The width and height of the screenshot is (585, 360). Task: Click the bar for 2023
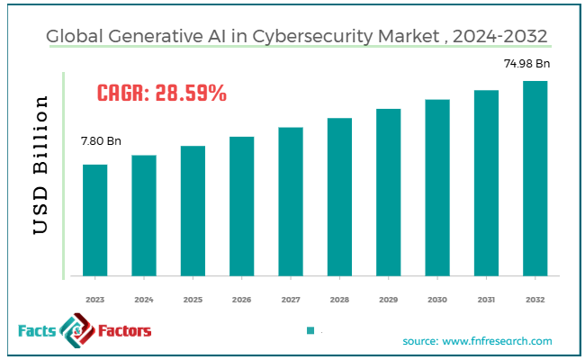click(94, 220)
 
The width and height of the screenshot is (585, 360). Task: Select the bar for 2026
click(241, 206)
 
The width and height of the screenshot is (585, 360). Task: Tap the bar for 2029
click(388, 193)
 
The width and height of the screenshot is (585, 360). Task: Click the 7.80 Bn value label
click(100, 142)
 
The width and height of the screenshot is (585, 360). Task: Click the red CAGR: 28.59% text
click(161, 92)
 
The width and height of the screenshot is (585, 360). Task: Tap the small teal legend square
click(310, 331)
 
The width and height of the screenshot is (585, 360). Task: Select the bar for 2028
click(339, 197)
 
